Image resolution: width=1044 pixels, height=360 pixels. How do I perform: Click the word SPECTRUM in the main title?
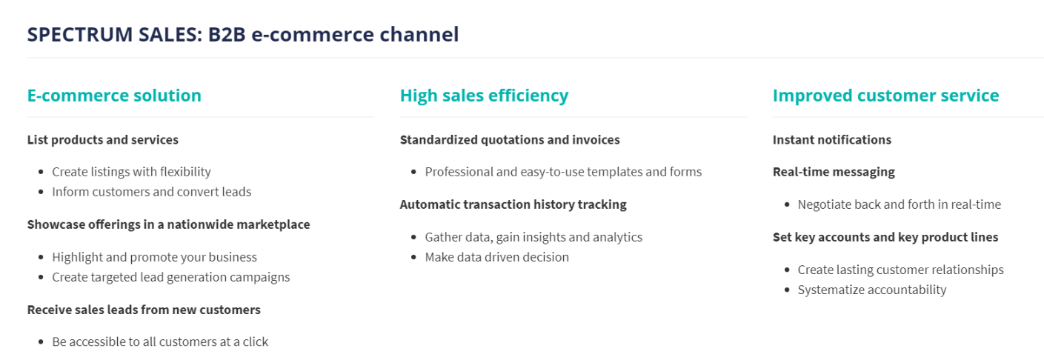(x=80, y=35)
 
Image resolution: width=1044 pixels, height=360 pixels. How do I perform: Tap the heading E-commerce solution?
(x=114, y=96)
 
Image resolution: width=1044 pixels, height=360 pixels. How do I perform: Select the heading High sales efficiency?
(x=485, y=96)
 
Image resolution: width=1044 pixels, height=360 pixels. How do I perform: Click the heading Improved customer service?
(x=886, y=96)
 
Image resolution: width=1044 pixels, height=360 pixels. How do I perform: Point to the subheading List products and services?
(x=102, y=140)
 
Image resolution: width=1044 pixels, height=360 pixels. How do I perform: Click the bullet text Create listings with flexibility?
(x=131, y=172)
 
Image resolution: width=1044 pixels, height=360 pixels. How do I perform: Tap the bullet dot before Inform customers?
(x=41, y=192)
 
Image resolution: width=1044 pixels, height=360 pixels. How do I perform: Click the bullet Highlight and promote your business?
(x=154, y=257)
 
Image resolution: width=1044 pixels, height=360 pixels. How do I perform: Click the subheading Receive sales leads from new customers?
(x=144, y=310)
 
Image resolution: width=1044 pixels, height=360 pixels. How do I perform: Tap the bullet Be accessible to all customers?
(x=160, y=341)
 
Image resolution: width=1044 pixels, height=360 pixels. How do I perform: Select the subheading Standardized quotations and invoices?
(x=510, y=140)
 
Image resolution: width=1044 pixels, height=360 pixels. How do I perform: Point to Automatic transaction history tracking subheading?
(x=513, y=204)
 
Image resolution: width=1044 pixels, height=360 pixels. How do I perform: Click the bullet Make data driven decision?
(x=497, y=257)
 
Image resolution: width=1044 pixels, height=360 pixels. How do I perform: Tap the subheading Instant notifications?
(x=832, y=140)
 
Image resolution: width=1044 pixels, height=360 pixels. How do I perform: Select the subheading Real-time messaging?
(x=834, y=172)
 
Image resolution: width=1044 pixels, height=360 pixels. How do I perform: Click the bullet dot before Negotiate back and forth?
(x=787, y=204)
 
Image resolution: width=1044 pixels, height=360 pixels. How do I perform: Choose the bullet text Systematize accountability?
(x=872, y=290)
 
